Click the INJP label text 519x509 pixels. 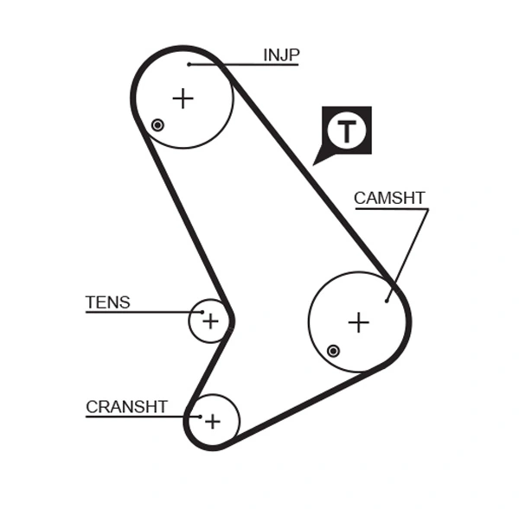(280, 55)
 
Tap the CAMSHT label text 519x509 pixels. (389, 198)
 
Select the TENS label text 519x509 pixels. (108, 302)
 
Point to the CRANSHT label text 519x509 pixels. (126, 406)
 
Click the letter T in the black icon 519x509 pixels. (347, 130)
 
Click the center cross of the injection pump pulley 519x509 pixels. (183, 99)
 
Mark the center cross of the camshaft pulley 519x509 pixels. (358, 322)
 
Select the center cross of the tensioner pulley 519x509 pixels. (210, 321)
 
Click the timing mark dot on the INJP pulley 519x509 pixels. (157, 125)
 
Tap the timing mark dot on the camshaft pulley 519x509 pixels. (333, 350)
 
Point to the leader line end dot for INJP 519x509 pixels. (189, 64)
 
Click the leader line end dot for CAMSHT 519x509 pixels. (387, 301)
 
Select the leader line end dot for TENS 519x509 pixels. (202, 312)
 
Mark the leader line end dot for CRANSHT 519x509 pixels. (200, 417)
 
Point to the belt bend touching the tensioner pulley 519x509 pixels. (229, 320)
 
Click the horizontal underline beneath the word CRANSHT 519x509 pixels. (130, 417)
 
